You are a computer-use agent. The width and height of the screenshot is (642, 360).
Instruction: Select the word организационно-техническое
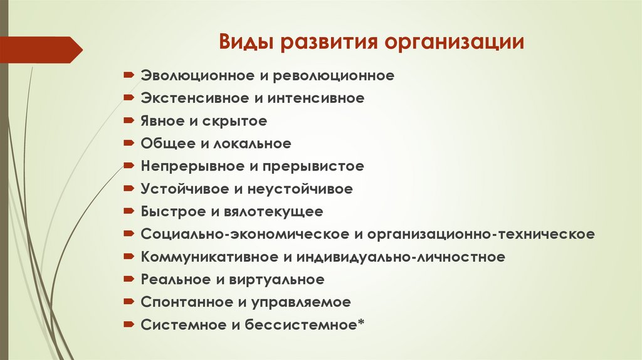[481, 234]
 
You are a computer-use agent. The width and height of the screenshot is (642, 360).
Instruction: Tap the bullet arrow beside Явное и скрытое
[128, 120]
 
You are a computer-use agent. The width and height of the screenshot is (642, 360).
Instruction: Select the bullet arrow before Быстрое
[128, 211]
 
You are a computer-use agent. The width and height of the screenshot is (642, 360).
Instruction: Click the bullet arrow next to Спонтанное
[128, 301]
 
